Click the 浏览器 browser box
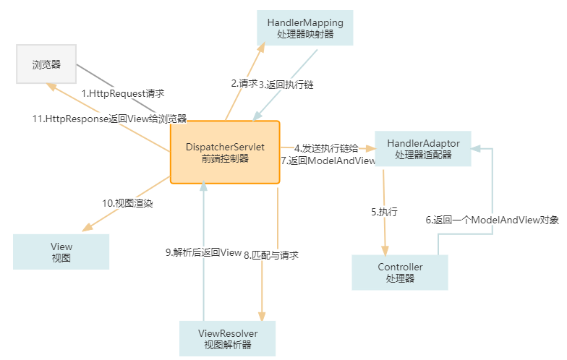point(46,64)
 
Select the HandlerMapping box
point(304,28)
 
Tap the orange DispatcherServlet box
point(224,153)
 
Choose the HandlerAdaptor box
point(422,149)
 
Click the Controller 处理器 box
point(400,273)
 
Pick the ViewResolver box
point(228,338)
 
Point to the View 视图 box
point(61,252)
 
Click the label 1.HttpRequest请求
point(123,93)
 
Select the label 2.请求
point(244,83)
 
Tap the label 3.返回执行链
point(286,84)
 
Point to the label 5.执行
point(384,212)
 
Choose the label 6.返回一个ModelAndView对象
point(492,220)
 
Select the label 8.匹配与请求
point(271,254)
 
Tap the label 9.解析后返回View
point(203,252)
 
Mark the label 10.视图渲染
point(127,203)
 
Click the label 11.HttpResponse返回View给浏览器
point(108,119)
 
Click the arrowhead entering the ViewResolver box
point(261,316)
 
